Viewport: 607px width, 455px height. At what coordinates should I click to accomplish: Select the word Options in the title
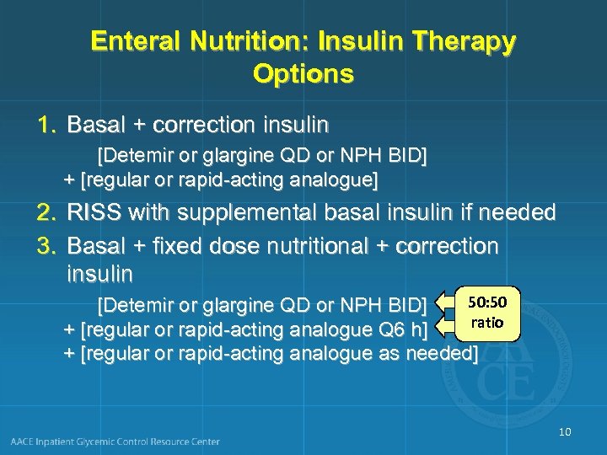tap(303, 74)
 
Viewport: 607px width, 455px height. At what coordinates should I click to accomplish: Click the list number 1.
tap(46, 126)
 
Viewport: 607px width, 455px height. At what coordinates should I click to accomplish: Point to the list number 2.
tap(46, 212)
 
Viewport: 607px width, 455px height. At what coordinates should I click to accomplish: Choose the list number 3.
tap(46, 246)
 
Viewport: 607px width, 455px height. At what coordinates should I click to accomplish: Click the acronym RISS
tap(94, 212)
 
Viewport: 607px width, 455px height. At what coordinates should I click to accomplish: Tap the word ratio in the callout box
tap(487, 322)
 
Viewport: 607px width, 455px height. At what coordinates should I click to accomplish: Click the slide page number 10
tap(564, 432)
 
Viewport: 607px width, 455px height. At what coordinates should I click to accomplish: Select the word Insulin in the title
tap(364, 41)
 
